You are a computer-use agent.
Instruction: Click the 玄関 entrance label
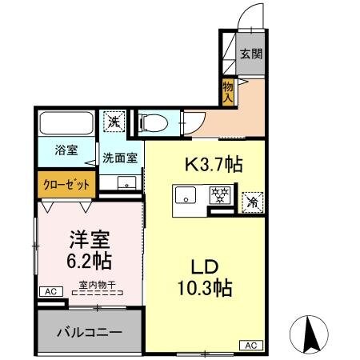(250, 54)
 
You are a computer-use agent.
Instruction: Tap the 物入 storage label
(228, 90)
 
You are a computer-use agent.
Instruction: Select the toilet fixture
(151, 122)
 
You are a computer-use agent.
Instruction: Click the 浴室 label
(66, 150)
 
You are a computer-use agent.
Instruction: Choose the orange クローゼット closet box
(66, 183)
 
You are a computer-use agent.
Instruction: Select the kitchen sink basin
(186, 195)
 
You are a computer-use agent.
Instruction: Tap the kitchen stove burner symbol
(218, 194)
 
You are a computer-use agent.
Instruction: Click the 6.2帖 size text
(88, 261)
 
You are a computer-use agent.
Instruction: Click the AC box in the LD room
(250, 346)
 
